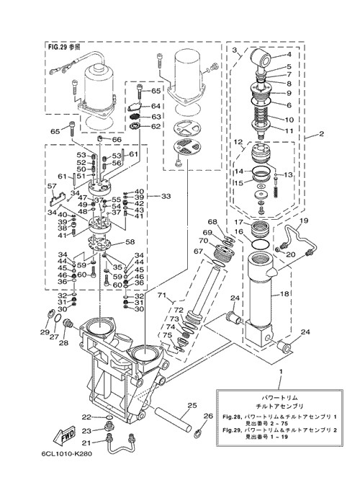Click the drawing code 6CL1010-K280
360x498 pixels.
coord(67,453)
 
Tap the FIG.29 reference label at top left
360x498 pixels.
coord(64,47)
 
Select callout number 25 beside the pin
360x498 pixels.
coord(192,406)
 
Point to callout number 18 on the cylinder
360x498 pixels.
coord(284,294)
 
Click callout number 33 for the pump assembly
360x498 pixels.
coord(166,196)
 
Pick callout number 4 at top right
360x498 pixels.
coord(289,54)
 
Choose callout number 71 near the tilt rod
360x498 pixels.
coord(162,295)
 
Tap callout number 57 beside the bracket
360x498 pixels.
coord(53,186)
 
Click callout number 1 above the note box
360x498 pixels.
coord(280,371)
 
